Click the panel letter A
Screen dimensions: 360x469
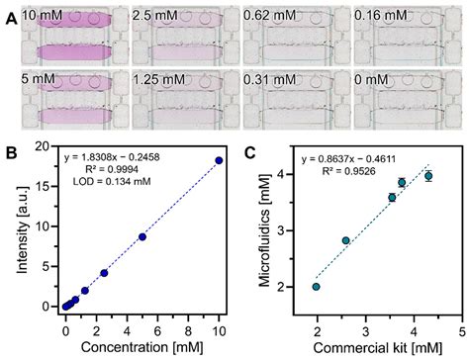pos(9,16)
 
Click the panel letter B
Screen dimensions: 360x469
pos(9,153)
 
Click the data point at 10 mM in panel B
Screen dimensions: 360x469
pos(219,160)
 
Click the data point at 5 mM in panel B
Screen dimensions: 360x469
pos(141,236)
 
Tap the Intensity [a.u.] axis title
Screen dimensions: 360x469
pos(15,230)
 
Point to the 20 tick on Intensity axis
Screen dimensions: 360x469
pos(44,146)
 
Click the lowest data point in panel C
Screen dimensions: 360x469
pos(316,287)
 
